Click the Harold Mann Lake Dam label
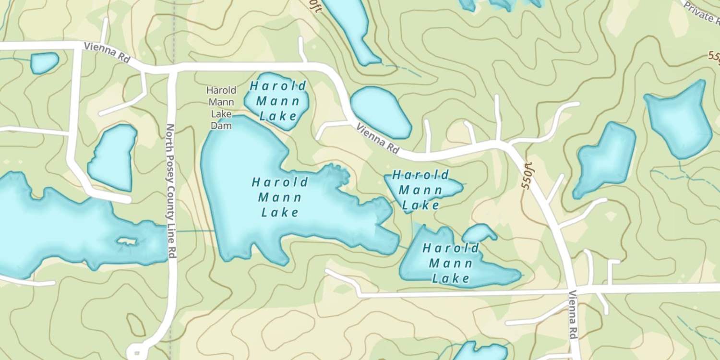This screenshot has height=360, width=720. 221,108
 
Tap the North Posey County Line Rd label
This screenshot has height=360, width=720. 170,191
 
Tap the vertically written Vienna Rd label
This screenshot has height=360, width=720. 573,314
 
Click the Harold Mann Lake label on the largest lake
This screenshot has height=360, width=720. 280,197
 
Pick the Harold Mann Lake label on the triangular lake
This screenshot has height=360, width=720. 421,190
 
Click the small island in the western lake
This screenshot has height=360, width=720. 127,241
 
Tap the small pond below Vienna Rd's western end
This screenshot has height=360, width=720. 44,63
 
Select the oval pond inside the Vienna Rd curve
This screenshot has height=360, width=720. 382,112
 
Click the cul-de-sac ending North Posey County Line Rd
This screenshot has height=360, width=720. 136,352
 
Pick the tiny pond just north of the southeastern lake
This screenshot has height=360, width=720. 479,233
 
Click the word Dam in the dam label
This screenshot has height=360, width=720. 221,126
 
